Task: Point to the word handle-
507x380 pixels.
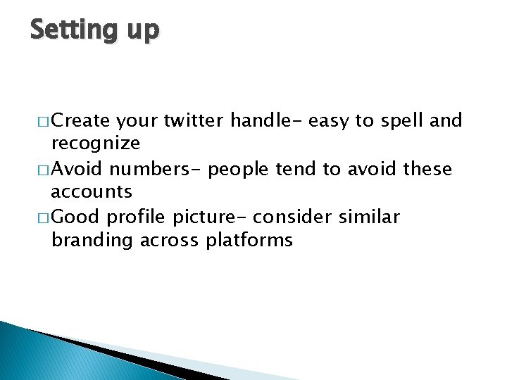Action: [x=267, y=121]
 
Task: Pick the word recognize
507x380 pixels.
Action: [x=96, y=144]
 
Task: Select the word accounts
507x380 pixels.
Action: [x=92, y=192]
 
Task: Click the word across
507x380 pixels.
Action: [x=169, y=241]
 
